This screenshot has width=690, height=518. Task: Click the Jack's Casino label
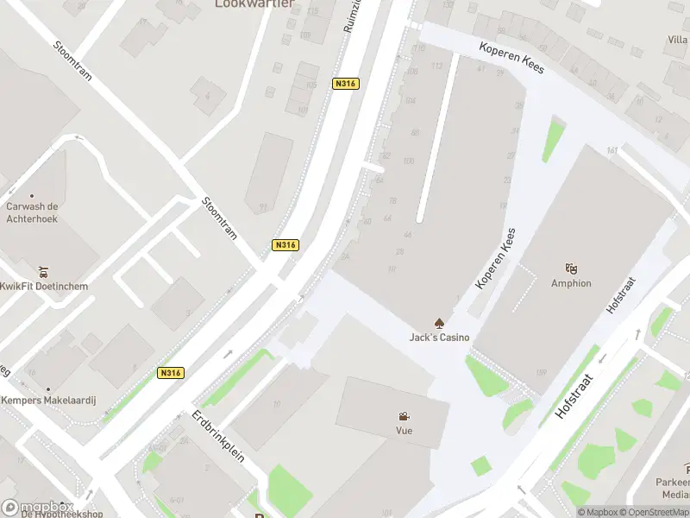[x=439, y=338]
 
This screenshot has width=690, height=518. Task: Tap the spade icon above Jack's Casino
[x=439, y=323]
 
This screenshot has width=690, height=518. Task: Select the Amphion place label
[x=571, y=283]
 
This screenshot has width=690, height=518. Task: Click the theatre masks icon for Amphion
[x=570, y=268]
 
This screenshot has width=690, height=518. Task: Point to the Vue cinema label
[x=404, y=430]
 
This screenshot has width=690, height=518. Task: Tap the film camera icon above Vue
[x=404, y=416]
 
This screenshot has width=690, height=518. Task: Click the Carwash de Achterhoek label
[x=32, y=212]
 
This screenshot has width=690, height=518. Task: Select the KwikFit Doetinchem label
[x=43, y=286]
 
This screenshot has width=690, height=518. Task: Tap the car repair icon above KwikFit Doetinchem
[x=44, y=271]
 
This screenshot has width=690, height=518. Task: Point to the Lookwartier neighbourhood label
[x=254, y=4]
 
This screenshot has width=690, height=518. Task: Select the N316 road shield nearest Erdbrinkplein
[x=170, y=373]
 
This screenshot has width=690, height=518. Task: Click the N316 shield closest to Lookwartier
[x=345, y=84]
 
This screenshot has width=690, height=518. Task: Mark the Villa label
[x=678, y=40]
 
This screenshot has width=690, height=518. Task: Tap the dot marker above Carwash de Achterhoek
[x=32, y=196]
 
